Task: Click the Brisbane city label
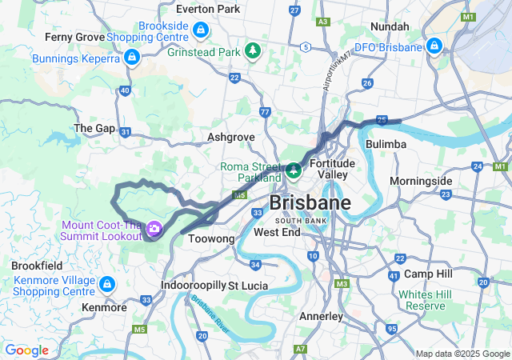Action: pyautogui.click(x=310, y=202)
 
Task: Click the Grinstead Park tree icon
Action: pyautogui.click(x=254, y=51)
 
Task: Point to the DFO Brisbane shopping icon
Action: pyautogui.click(x=434, y=46)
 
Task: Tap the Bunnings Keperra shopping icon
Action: pyautogui.click(x=132, y=58)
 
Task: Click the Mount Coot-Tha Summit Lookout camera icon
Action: pyautogui.click(x=154, y=230)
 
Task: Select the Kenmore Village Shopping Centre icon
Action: pyautogui.click(x=107, y=284)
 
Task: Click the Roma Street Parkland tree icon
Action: pyautogui.click(x=294, y=170)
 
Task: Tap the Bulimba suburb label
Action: pyautogui.click(x=386, y=143)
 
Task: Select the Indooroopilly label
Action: pyautogui.click(x=193, y=285)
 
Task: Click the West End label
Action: pyautogui.click(x=276, y=232)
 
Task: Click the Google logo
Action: pyautogui.click(x=26, y=350)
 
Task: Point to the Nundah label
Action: pyautogui.click(x=390, y=26)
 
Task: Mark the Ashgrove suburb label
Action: pyautogui.click(x=230, y=137)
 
